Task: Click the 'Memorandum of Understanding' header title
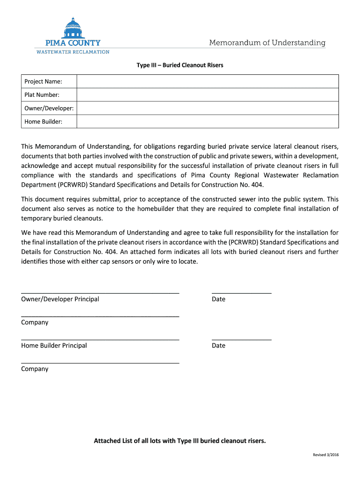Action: [267, 43]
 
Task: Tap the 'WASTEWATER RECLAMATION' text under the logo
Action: [73, 52]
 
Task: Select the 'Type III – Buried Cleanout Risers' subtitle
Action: [180, 65]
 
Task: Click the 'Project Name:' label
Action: [43, 82]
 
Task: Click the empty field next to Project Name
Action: [207, 81]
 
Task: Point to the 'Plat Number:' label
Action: [42, 95]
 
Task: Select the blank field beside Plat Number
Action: [207, 95]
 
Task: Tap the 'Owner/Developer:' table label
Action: [49, 108]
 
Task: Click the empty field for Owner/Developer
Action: [207, 108]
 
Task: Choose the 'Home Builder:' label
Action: [43, 122]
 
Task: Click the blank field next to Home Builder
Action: [207, 122]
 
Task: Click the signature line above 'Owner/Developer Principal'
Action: [100, 292]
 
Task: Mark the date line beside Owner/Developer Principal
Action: [241, 292]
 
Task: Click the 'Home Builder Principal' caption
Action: [54, 346]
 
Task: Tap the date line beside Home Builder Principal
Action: [241, 339]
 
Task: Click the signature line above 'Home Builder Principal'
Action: [100, 339]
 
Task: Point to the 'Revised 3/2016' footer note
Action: [325, 456]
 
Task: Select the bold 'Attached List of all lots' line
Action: [180, 441]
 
